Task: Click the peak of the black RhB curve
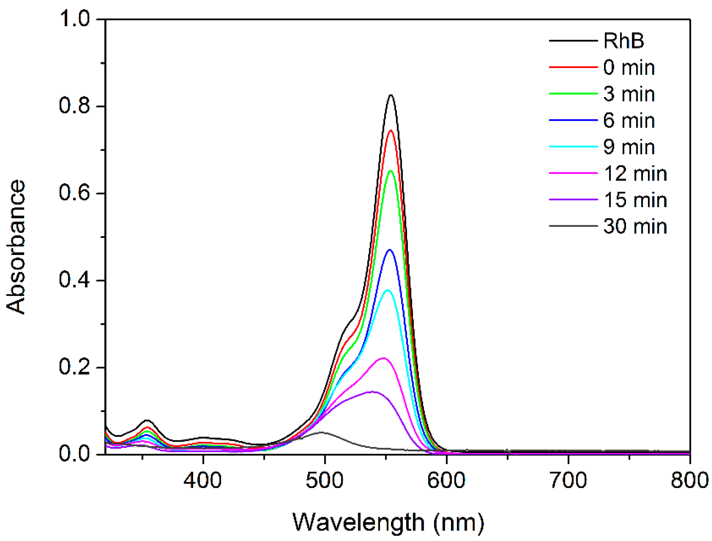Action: click(x=391, y=95)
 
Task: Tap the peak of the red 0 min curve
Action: click(x=391, y=130)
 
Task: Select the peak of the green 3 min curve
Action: click(x=391, y=171)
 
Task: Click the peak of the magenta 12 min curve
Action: click(x=384, y=358)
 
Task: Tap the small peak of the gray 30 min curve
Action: click(x=322, y=432)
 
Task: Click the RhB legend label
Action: click(x=624, y=41)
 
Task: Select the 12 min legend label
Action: click(x=635, y=174)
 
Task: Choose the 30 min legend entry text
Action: click(x=635, y=227)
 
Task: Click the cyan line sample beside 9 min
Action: click(x=573, y=147)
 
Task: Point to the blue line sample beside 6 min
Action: click(x=573, y=120)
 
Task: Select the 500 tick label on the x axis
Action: click(x=324, y=480)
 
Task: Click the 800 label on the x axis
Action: click(x=689, y=480)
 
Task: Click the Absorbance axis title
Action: click(x=15, y=246)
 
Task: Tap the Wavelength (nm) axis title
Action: click(x=388, y=522)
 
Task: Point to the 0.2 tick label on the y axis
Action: click(x=74, y=367)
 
